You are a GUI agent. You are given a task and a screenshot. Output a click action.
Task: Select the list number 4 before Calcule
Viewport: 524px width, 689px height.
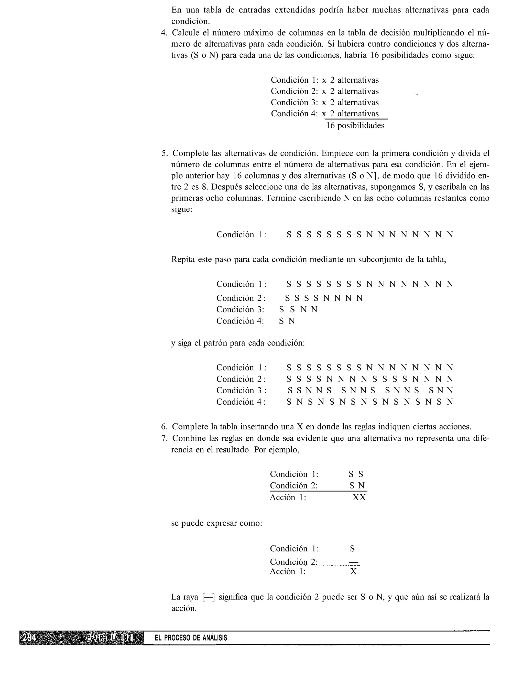(164, 33)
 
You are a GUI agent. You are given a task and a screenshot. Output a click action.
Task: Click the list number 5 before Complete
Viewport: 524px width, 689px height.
(164, 153)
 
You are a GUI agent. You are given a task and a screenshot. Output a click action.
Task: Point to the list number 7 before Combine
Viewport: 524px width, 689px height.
(164, 438)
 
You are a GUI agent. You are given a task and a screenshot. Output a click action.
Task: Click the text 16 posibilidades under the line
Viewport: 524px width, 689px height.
(355, 126)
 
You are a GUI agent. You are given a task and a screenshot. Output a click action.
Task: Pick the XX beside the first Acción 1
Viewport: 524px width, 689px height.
(359, 497)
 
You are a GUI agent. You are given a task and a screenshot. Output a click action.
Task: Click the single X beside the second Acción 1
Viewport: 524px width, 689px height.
(353, 571)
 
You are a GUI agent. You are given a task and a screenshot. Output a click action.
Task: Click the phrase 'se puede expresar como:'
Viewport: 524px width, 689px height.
(217, 523)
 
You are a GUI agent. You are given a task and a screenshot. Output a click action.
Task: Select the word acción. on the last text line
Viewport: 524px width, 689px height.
(184, 608)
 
